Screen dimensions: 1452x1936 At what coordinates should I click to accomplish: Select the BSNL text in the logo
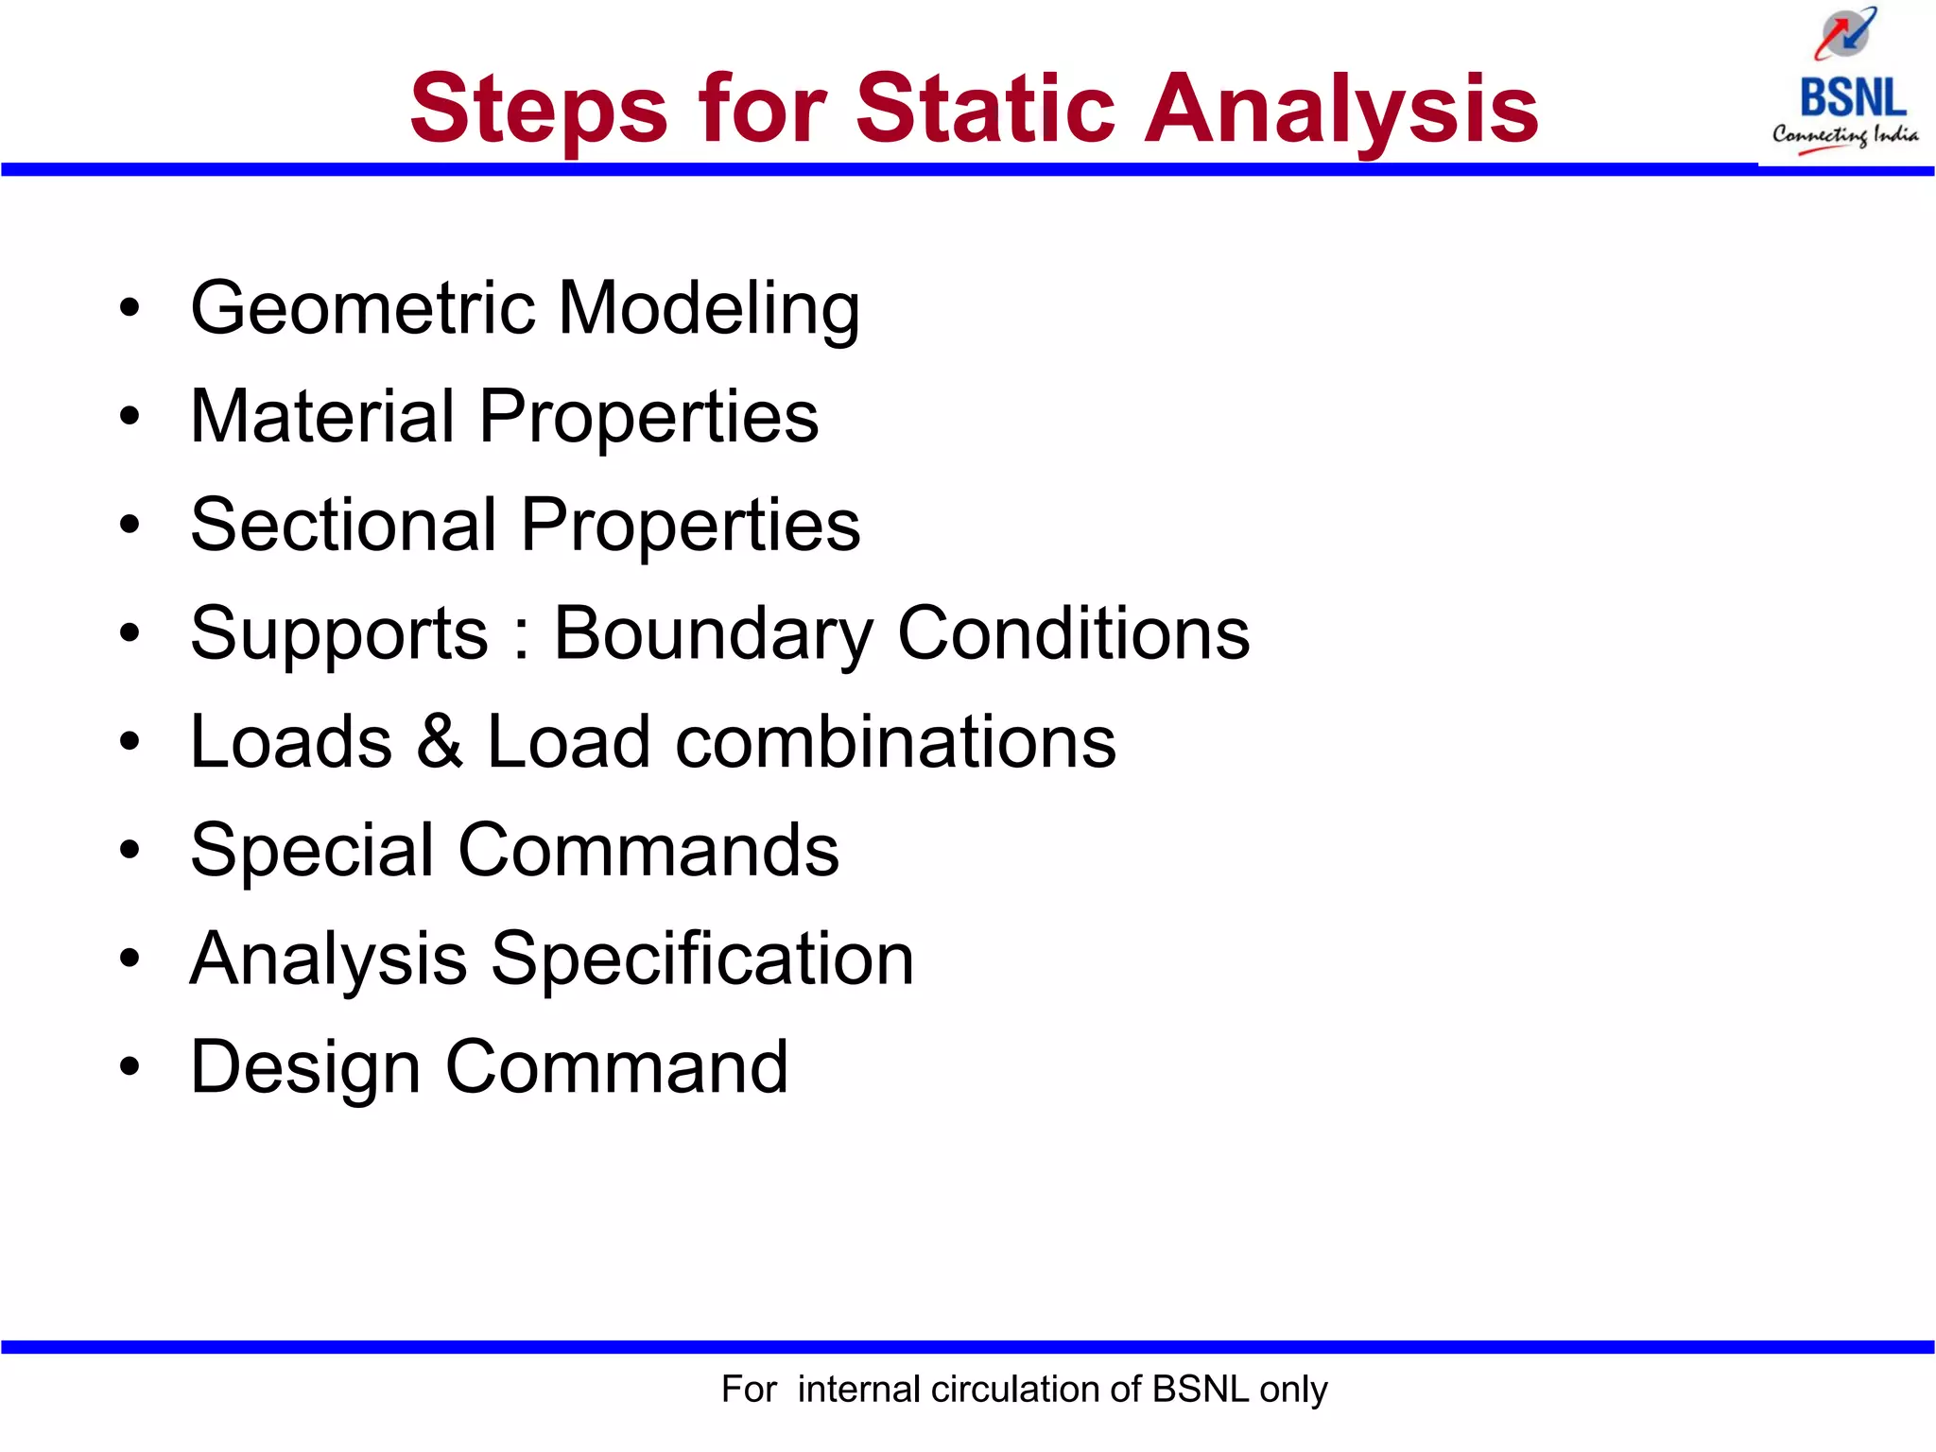pyautogui.click(x=1852, y=98)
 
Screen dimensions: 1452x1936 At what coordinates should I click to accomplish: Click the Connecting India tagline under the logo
pyautogui.click(x=1844, y=135)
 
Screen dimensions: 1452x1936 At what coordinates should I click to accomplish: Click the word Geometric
pyautogui.click(x=363, y=309)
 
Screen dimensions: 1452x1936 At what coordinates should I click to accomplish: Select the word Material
pyautogui.click(x=322, y=416)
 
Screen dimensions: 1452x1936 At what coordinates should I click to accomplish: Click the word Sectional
pyautogui.click(x=343, y=525)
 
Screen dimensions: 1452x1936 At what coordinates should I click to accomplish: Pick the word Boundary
pyautogui.click(x=713, y=634)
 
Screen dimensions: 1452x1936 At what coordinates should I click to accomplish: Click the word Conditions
pyautogui.click(x=1073, y=632)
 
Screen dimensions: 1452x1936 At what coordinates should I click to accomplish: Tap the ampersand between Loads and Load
pyautogui.click(x=440, y=741)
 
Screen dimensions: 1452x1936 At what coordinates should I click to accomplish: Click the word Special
pyautogui.click(x=311, y=851)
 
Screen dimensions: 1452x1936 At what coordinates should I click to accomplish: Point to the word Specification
pyautogui.click(x=702, y=959)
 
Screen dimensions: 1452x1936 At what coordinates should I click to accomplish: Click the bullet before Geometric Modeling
pyautogui.click(x=130, y=308)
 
